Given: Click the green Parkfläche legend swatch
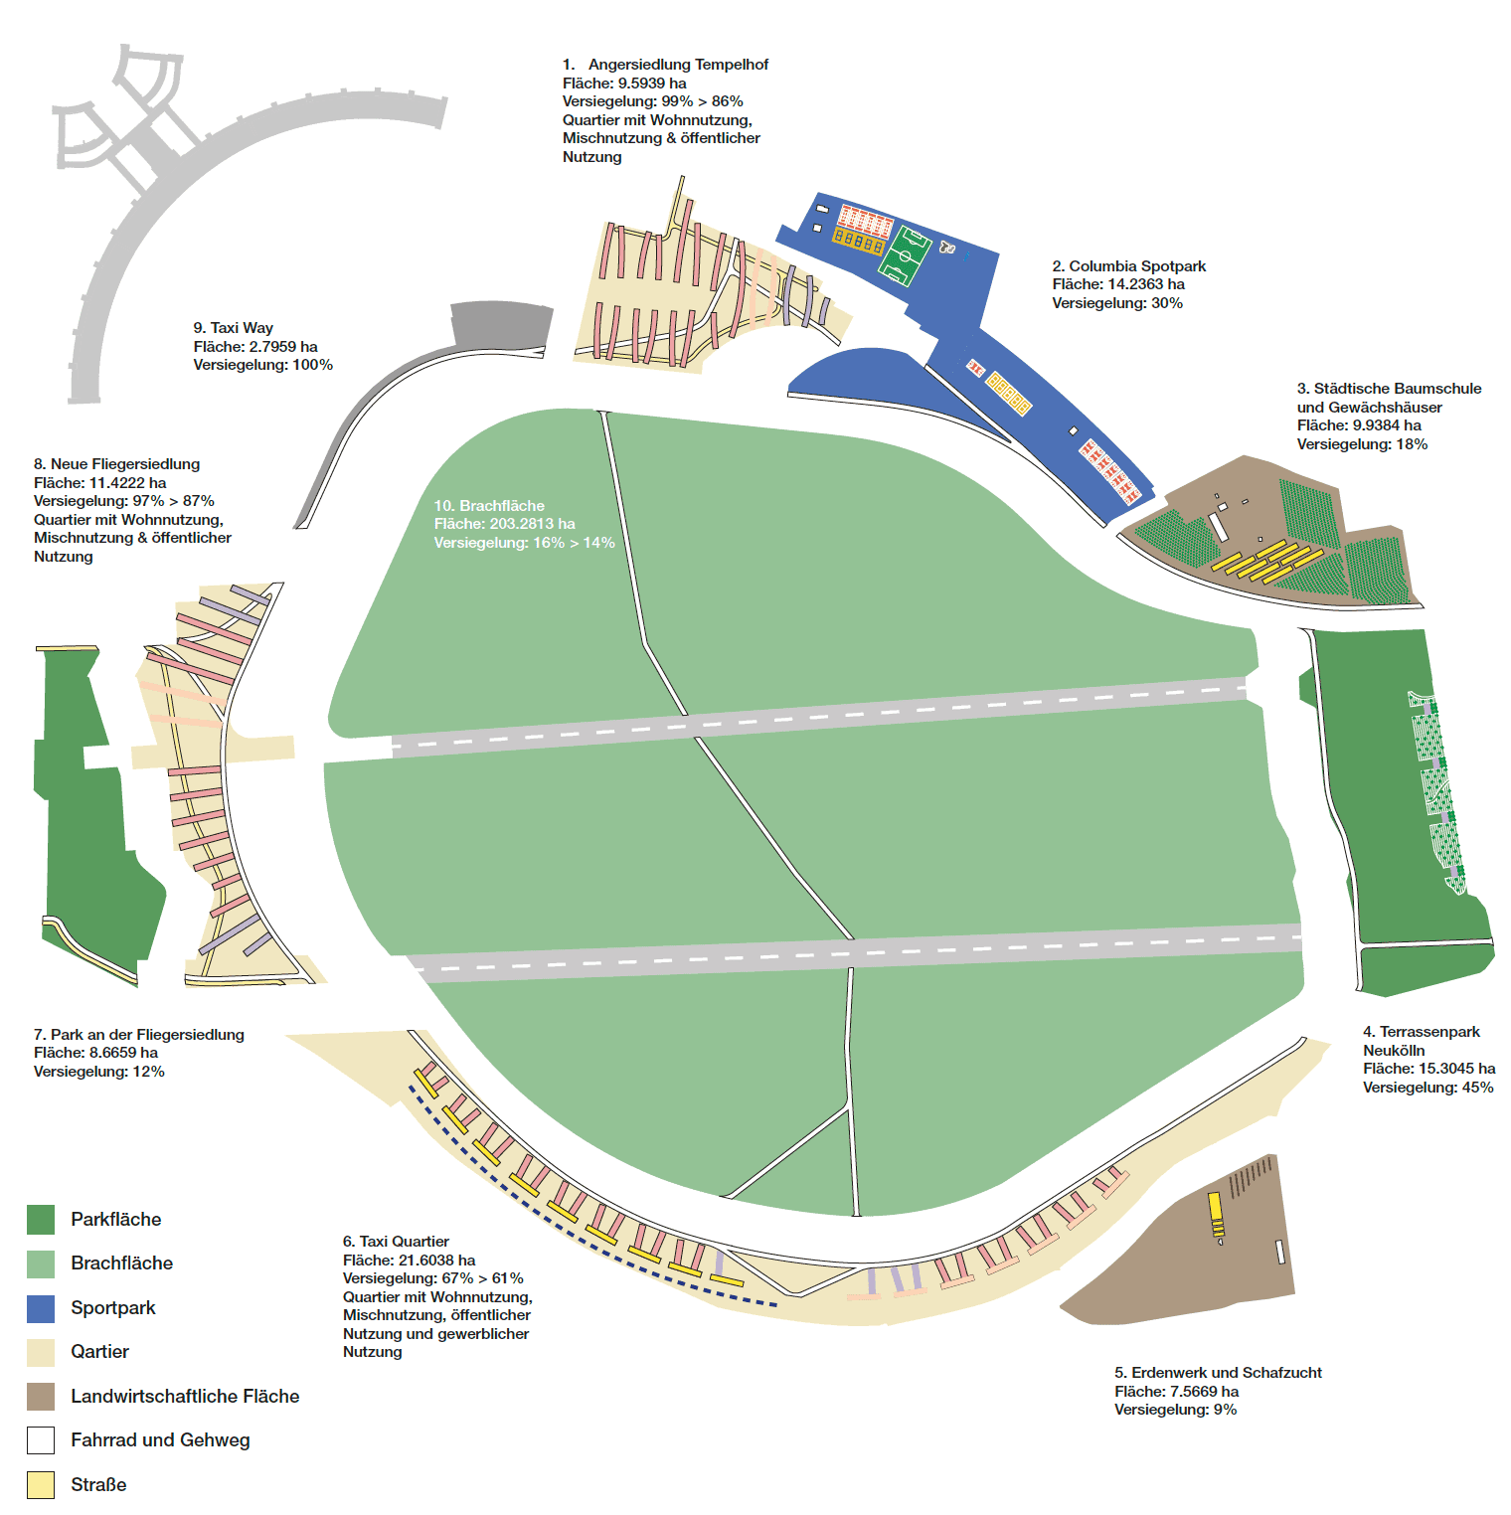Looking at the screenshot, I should tap(41, 1220).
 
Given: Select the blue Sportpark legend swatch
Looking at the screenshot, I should tap(41, 1308).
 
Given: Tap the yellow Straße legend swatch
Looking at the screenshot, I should tap(41, 1485).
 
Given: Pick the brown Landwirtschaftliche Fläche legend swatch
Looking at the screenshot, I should tap(41, 1397).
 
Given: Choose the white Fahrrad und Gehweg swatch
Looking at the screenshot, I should tap(41, 1440).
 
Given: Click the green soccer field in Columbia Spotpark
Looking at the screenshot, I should tap(909, 255).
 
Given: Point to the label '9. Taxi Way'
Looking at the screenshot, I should tap(233, 328).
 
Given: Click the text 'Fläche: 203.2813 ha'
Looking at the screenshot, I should tap(504, 524).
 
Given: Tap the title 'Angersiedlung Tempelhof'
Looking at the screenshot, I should tap(678, 65).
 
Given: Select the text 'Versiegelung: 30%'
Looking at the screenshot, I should tap(1117, 303).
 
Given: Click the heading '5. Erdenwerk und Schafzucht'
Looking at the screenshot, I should tap(1218, 1373).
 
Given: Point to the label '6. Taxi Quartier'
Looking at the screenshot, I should tap(396, 1242).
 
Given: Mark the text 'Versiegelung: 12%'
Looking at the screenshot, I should tap(98, 1072).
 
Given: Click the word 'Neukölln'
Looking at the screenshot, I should tap(1393, 1051).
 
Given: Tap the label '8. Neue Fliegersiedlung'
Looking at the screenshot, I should tap(116, 464).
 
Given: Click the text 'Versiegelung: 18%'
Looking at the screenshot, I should tap(1362, 444).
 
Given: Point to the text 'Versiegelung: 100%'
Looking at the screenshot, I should tap(262, 365).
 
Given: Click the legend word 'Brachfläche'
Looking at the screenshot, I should tap(121, 1263).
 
